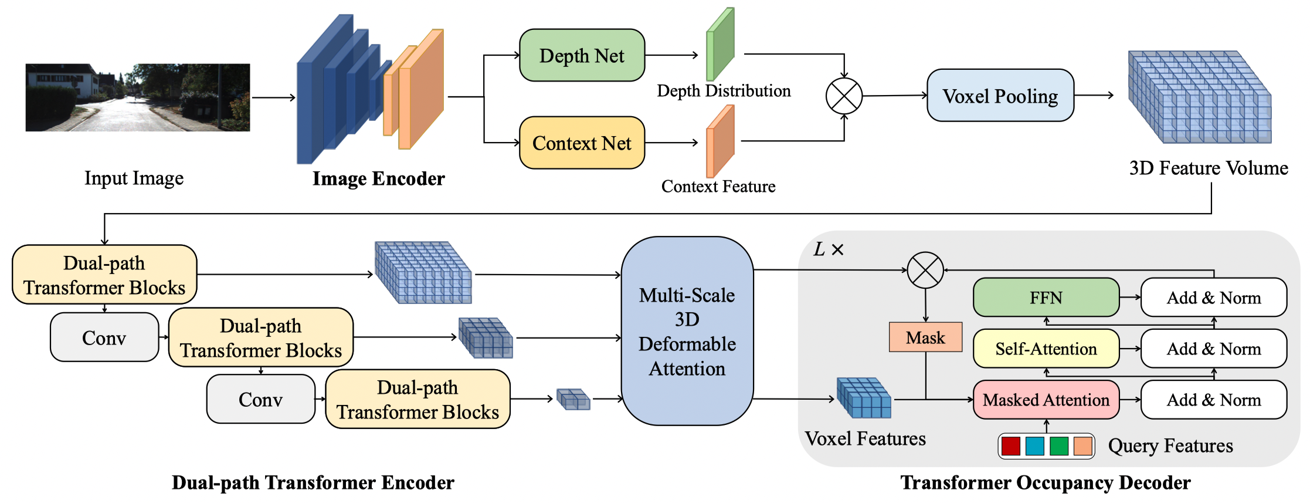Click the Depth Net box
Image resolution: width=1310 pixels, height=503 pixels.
(x=582, y=55)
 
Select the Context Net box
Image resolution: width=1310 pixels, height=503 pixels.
(x=582, y=143)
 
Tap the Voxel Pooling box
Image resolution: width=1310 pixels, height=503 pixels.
(x=1000, y=96)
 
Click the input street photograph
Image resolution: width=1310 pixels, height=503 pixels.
(x=138, y=97)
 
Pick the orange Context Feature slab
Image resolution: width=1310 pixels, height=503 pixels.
(x=720, y=141)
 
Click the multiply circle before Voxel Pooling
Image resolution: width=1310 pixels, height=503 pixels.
(x=844, y=96)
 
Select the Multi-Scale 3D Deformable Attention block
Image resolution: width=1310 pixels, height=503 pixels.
(x=687, y=331)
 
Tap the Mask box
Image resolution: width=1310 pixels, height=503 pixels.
(x=925, y=337)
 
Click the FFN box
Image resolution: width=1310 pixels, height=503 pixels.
(x=1046, y=298)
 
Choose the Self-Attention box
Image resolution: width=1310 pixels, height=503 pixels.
(x=1046, y=349)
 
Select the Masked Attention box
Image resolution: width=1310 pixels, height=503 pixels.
(x=1046, y=400)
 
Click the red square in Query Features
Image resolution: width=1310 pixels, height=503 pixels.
(x=1010, y=446)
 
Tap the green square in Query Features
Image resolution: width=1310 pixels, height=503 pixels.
(x=1058, y=446)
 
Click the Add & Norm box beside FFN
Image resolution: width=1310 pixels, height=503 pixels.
(x=1213, y=298)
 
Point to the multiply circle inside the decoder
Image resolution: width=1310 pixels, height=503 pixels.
(x=925, y=270)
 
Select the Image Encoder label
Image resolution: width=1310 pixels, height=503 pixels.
(x=378, y=178)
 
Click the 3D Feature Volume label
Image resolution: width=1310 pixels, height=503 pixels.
(x=1209, y=168)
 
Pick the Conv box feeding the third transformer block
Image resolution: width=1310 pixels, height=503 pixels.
(x=260, y=400)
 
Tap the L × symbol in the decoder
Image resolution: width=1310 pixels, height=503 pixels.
(x=828, y=249)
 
